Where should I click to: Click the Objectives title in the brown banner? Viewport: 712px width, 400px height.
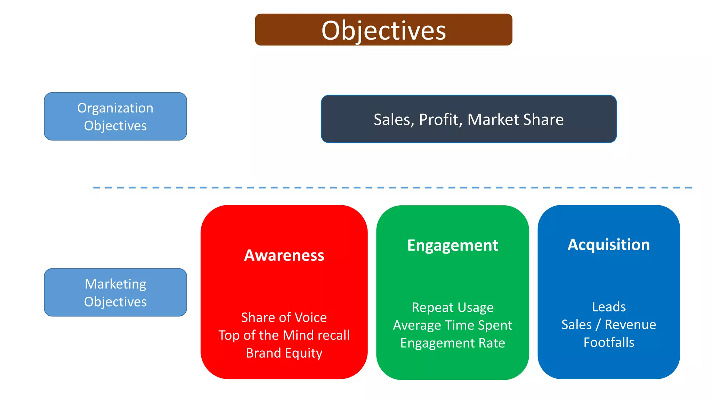coord(383,31)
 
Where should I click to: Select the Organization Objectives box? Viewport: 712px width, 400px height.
coord(115,116)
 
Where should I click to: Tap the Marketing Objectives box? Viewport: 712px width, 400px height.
coord(115,292)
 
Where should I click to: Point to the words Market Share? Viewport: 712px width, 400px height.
coord(515,119)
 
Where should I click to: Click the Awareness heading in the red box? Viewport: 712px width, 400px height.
coord(284,255)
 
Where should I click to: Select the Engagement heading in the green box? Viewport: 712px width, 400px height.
coord(452,245)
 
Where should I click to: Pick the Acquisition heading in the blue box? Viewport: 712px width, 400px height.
coord(608,245)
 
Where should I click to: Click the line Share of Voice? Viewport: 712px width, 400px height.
coord(284,317)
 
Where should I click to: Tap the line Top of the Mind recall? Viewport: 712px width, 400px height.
coord(284,335)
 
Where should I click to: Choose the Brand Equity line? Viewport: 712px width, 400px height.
coord(284,353)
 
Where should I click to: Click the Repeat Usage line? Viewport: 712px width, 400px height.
coord(452,308)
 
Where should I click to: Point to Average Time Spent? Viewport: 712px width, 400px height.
coord(452,325)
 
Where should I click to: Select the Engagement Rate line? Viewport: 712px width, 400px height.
coord(452,343)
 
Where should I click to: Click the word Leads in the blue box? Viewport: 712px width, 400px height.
coord(609,307)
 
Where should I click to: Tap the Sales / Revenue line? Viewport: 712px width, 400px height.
coord(609,325)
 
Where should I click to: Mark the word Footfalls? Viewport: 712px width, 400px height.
coord(609,342)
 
